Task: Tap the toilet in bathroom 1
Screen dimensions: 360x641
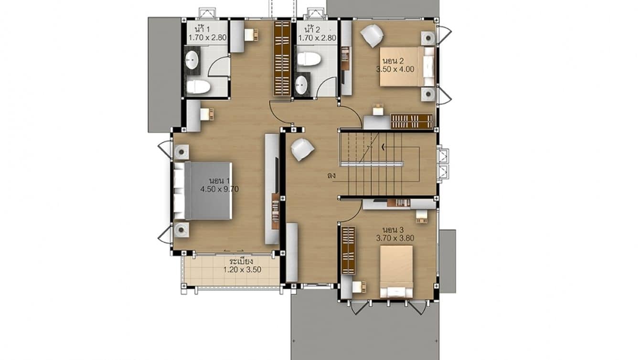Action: (198, 87)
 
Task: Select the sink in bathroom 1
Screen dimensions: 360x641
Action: (192, 61)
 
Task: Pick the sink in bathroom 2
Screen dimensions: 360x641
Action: (301, 85)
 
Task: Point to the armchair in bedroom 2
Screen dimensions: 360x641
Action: (372, 36)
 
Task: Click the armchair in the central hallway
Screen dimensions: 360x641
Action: (302, 149)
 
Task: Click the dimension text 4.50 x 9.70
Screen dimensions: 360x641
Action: (219, 189)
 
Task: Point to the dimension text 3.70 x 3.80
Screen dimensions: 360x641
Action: (395, 238)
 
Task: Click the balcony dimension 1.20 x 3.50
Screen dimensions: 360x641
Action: (243, 270)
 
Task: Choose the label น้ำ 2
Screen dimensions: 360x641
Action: (312, 28)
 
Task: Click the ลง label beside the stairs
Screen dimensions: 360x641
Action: (331, 176)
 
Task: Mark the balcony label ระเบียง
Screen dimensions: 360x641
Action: (241, 262)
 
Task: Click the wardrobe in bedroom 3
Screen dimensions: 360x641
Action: (348, 250)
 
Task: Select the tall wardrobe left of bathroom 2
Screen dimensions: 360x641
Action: (282, 58)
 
